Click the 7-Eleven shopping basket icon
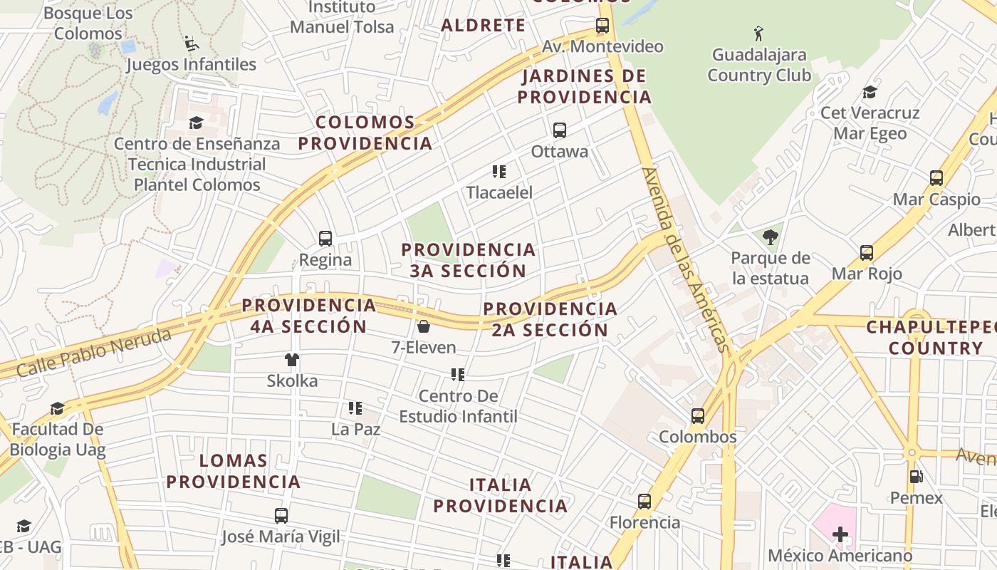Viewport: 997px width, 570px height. point(424,326)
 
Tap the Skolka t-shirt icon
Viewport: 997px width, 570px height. point(292,360)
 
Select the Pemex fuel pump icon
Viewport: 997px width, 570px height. point(916,477)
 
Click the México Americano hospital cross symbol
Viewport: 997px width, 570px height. point(840,534)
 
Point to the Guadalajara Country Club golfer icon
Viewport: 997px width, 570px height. point(758,33)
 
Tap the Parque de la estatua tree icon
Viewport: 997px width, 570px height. point(770,237)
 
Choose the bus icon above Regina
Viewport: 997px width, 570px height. point(325,239)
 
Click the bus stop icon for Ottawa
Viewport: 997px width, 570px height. point(560,130)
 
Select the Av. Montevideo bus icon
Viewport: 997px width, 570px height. point(602,26)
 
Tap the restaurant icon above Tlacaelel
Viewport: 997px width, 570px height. point(499,172)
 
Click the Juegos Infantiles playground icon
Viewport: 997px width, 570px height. point(191,43)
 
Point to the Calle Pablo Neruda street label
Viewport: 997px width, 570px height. point(93,353)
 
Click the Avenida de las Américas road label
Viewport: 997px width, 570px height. point(686,259)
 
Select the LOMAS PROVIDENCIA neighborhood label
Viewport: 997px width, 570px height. point(234,471)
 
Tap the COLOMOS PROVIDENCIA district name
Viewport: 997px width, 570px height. point(365,133)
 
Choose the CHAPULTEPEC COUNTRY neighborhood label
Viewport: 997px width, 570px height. point(929,338)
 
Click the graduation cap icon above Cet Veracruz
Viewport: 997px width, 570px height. point(870,92)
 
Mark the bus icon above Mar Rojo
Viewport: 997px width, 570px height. point(867,253)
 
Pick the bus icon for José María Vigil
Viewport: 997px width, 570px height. point(281,516)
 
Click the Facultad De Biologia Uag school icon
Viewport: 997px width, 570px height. point(57,408)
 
